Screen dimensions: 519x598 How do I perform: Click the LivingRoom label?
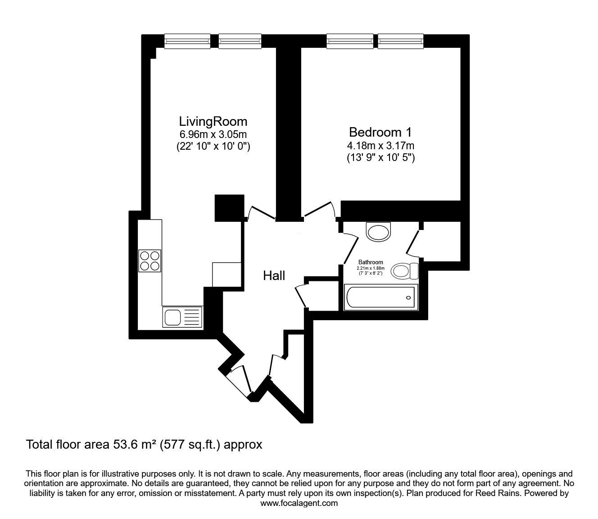(213, 121)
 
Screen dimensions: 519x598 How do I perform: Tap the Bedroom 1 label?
(380, 132)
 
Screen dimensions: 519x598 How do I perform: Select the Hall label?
(274, 276)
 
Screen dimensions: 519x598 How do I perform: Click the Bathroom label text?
(371, 262)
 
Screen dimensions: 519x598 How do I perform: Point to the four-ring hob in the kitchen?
(150, 260)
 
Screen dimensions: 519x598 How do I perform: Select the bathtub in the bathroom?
(381, 297)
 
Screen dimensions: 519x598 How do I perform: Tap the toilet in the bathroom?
(405, 271)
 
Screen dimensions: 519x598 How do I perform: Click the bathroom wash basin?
(379, 232)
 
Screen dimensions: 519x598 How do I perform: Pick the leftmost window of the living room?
(187, 41)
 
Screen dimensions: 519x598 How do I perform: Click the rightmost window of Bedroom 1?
(400, 41)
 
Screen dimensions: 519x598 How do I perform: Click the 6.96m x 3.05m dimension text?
(213, 134)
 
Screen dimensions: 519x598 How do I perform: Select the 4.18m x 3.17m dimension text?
(380, 146)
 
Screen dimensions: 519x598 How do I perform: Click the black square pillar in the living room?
(229, 208)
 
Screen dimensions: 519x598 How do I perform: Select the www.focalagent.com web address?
(299, 503)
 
